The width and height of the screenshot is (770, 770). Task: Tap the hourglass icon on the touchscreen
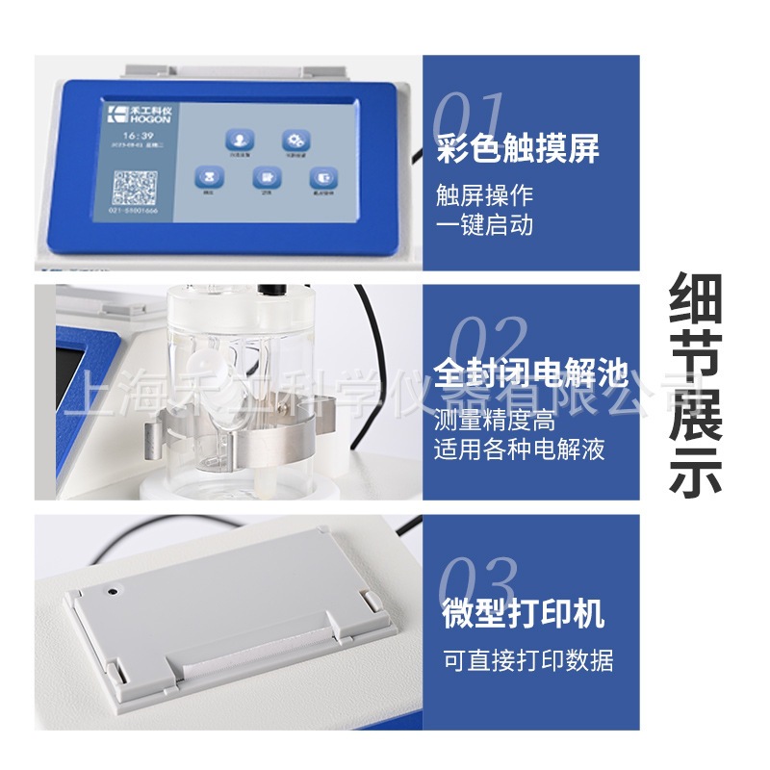[207, 178]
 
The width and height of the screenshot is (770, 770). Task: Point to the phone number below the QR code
[134, 209]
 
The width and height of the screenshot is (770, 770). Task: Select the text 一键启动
[484, 225]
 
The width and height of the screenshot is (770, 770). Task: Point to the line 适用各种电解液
[520, 449]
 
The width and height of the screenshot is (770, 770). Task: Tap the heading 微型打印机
[523, 613]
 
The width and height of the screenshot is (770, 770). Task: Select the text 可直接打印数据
[527, 660]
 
